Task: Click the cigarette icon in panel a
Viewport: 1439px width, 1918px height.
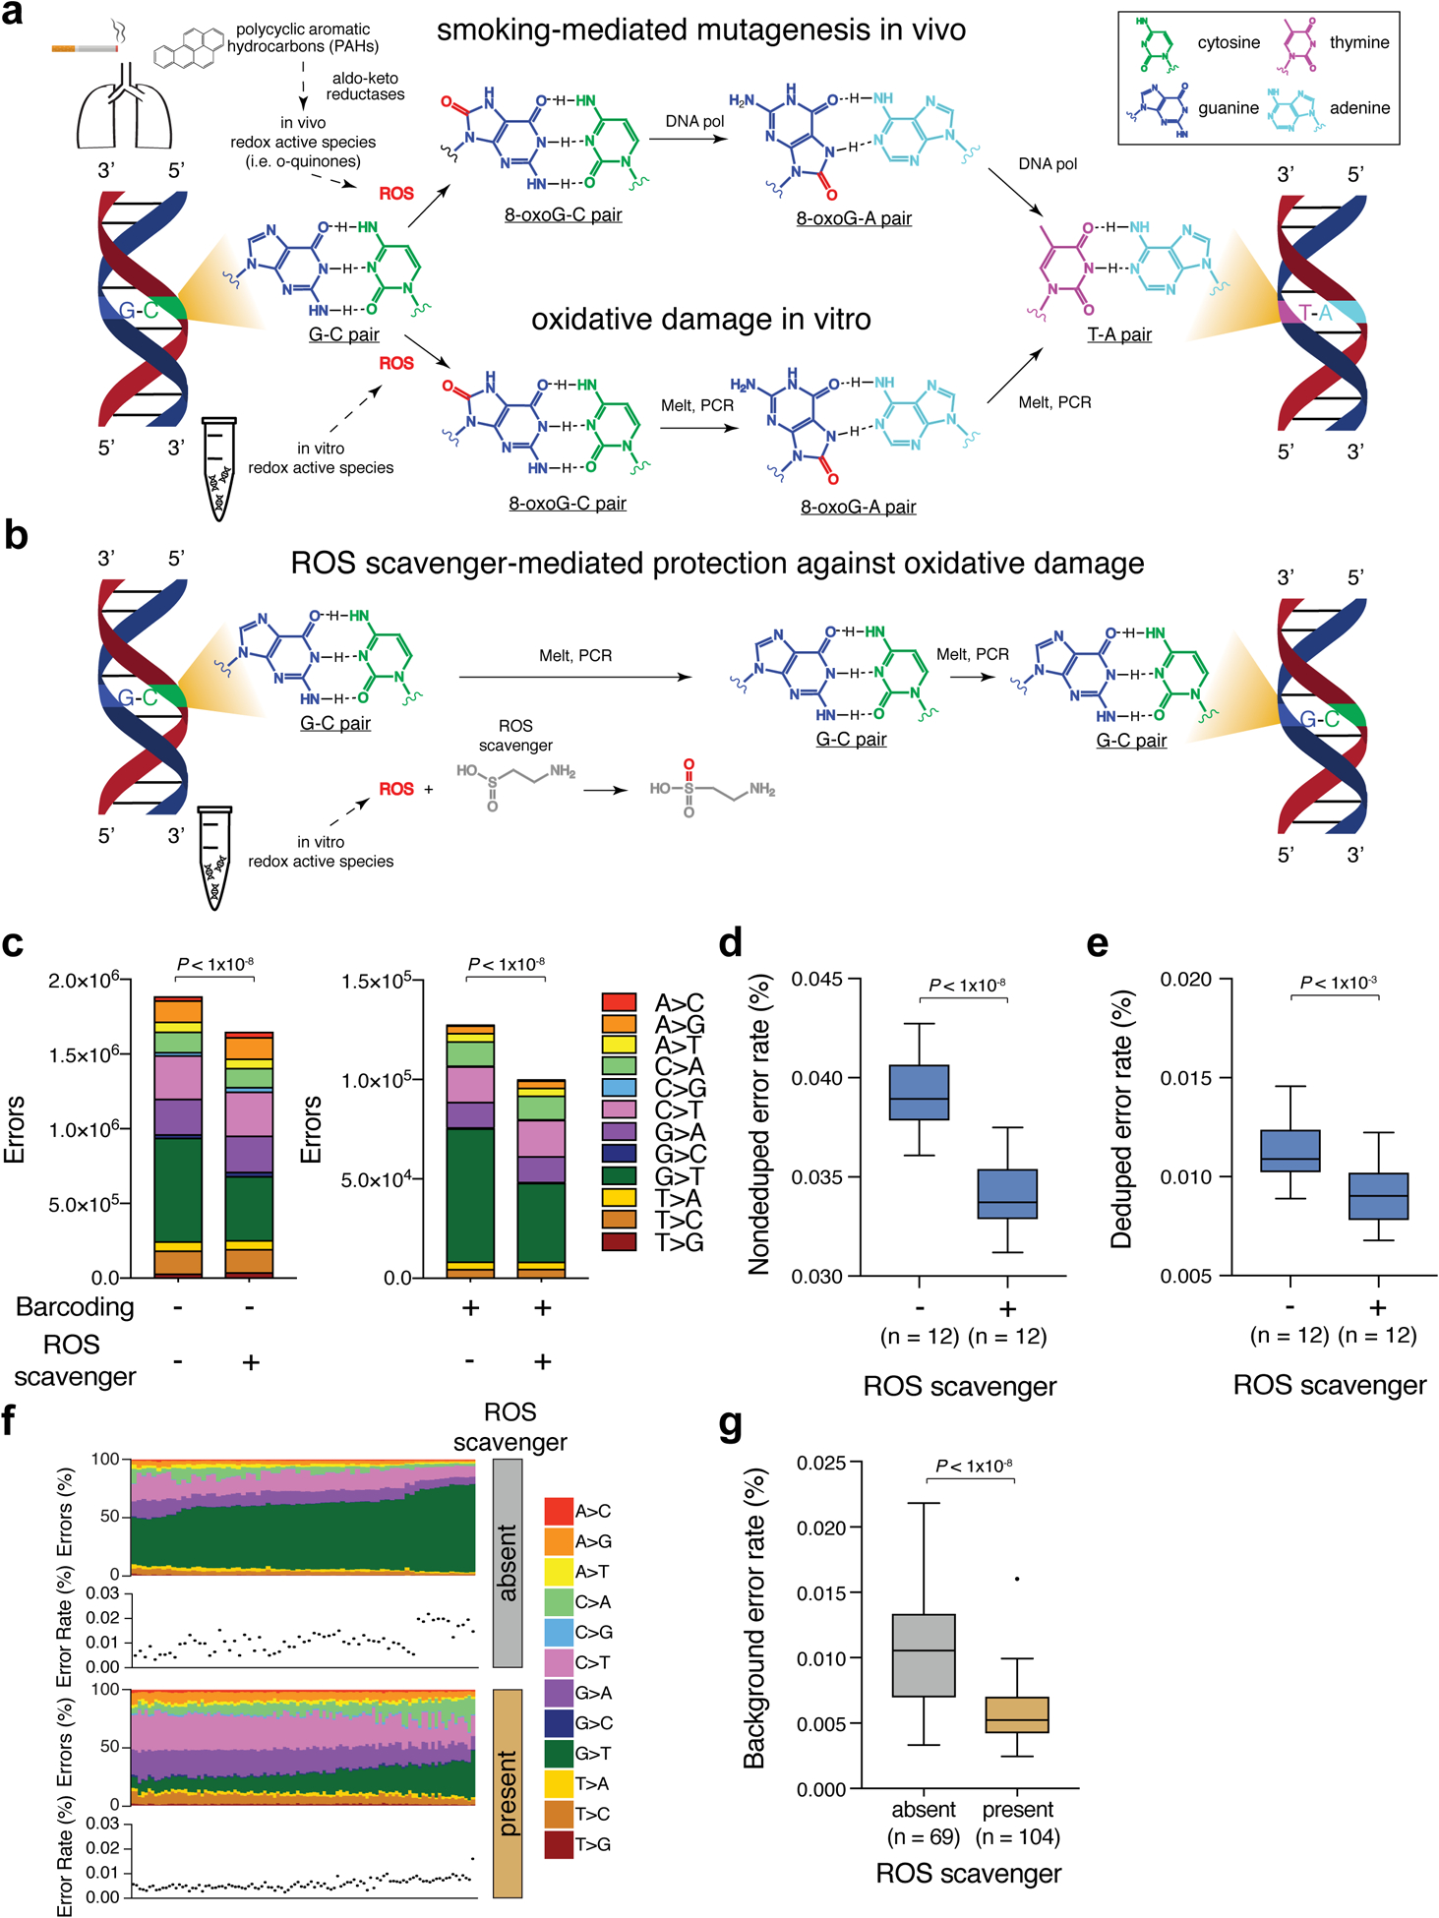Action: [x=85, y=47]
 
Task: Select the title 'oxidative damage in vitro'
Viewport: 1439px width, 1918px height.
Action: [x=700, y=320]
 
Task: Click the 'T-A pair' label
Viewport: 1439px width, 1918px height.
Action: [x=1118, y=334]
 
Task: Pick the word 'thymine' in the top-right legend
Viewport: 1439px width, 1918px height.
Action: [x=1358, y=42]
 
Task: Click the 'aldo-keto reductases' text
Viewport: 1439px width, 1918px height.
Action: [x=365, y=87]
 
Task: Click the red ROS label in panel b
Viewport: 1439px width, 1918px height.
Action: [x=396, y=789]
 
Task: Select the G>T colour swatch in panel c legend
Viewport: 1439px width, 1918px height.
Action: [x=619, y=1174]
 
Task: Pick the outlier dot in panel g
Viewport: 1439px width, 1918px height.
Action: [x=1017, y=1579]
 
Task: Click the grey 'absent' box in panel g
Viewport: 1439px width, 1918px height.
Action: [x=924, y=1655]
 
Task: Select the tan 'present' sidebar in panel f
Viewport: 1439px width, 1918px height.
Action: [x=507, y=1793]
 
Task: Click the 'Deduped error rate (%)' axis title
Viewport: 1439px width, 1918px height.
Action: [x=1121, y=1118]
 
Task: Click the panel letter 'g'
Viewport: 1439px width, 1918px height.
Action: [x=730, y=1423]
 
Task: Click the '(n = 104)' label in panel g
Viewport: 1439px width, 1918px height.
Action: [x=1017, y=1837]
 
